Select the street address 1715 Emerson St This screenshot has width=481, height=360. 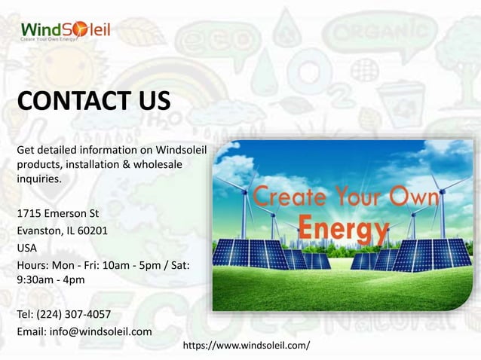coord(58,214)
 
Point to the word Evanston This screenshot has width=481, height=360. coord(39,230)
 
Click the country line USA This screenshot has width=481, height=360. coord(27,247)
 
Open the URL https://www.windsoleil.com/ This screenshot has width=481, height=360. coord(247,345)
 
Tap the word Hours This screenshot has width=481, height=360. coord(32,264)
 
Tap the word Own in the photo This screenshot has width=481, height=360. coord(412,198)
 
